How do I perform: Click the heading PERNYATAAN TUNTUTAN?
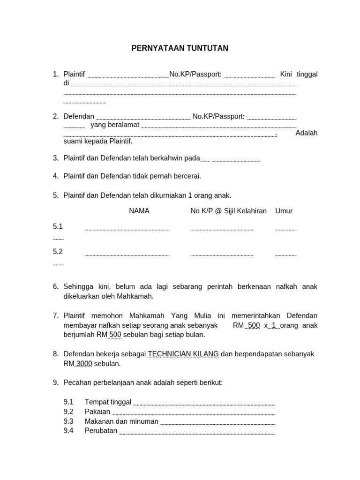click(x=180, y=48)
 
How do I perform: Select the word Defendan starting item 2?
click(x=79, y=116)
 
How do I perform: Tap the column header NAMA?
click(x=139, y=211)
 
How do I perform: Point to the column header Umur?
click(x=284, y=211)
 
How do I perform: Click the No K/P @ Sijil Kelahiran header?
click(x=228, y=211)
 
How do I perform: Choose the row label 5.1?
click(x=58, y=226)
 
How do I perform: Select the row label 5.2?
click(x=58, y=252)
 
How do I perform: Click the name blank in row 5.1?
click(x=127, y=229)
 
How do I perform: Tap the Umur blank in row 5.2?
click(x=285, y=255)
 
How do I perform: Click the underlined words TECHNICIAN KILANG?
click(x=183, y=354)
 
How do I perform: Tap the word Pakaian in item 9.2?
click(x=97, y=412)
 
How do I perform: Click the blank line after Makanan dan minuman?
click(x=217, y=423)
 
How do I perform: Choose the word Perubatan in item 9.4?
click(x=101, y=430)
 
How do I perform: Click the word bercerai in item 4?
click(x=187, y=176)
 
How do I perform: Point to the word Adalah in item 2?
click(x=306, y=133)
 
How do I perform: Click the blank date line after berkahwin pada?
click(x=235, y=160)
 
